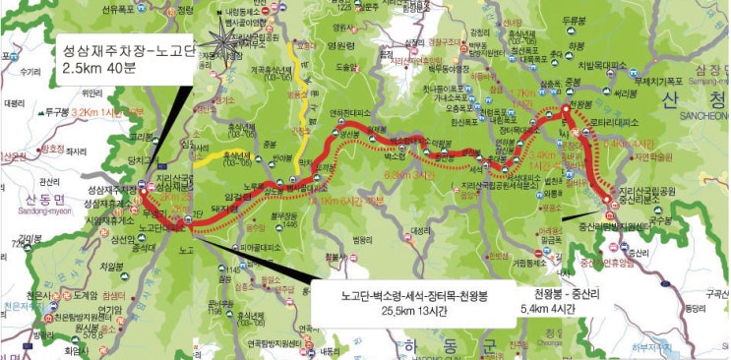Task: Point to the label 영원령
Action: [x=340, y=43]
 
